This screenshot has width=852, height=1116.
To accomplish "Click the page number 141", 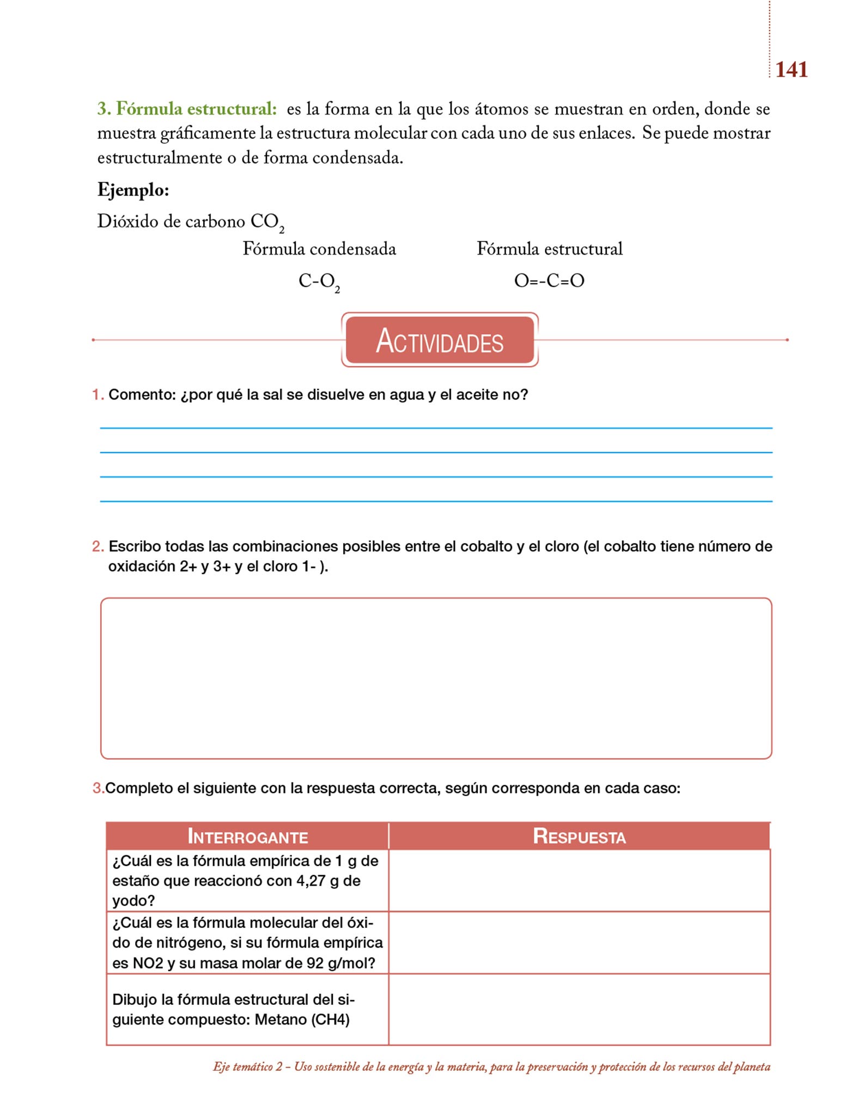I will (x=791, y=70).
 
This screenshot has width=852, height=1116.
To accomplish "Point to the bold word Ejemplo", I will (x=133, y=190).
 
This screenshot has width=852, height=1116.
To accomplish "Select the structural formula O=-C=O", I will (x=549, y=281).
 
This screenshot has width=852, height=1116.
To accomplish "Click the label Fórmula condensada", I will (x=319, y=249).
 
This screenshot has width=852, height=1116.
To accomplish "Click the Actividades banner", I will (x=440, y=340).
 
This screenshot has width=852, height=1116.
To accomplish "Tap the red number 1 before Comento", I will (x=97, y=395).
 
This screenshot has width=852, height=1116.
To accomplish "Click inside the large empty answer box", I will (x=436, y=678).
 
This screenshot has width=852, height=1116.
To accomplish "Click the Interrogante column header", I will (x=248, y=836).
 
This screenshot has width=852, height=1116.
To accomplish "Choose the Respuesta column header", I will (x=579, y=836).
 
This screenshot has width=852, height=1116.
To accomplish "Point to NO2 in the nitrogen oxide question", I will (x=148, y=963).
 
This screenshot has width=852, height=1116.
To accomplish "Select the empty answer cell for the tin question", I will (x=579, y=881).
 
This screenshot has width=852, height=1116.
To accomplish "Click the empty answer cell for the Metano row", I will (x=579, y=1009).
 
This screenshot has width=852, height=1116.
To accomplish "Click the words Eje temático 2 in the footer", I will (x=248, y=1067).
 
